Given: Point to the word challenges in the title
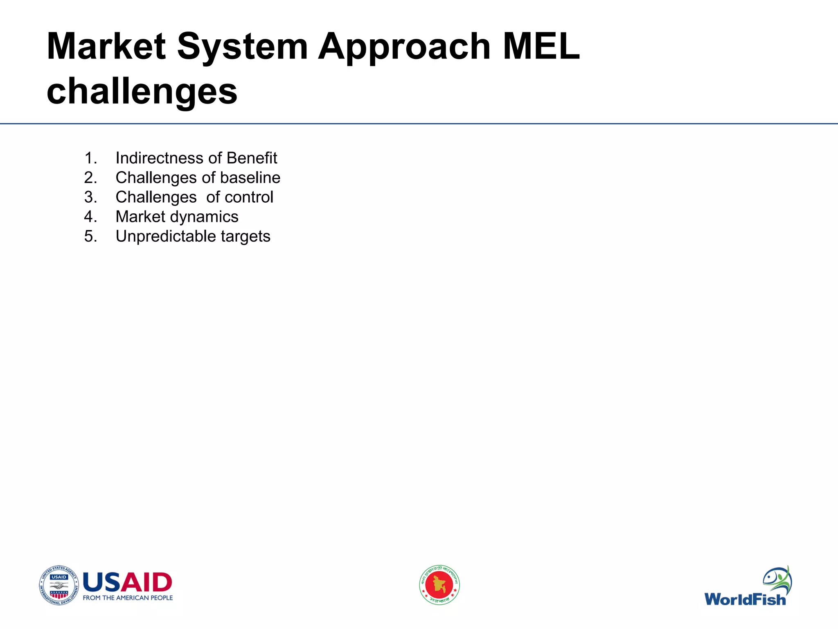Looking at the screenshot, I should coord(142,91).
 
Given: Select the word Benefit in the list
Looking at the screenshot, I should coord(252,158).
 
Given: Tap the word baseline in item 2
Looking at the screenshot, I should coord(250,178).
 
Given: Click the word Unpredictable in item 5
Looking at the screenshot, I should coord(166,236).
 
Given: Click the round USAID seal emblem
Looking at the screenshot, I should coord(59,585).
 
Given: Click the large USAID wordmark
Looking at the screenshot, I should coord(127,582).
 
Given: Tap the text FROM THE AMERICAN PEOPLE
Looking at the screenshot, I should coord(128,598).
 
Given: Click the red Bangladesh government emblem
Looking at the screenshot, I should coord(439,585).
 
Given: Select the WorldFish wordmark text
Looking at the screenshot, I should coord(745,600).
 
